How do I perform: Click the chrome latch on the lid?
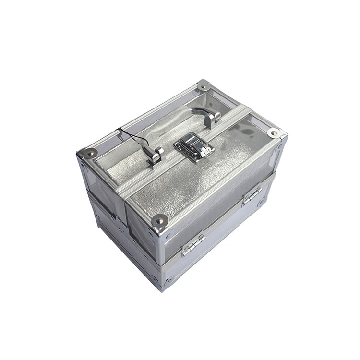(194, 146)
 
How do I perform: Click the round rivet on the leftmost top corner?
(89, 153)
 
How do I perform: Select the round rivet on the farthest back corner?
(204, 86)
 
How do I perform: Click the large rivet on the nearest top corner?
(159, 220)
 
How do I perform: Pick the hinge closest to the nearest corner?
(193, 245)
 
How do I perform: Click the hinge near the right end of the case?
(252, 195)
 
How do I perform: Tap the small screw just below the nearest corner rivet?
(168, 236)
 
